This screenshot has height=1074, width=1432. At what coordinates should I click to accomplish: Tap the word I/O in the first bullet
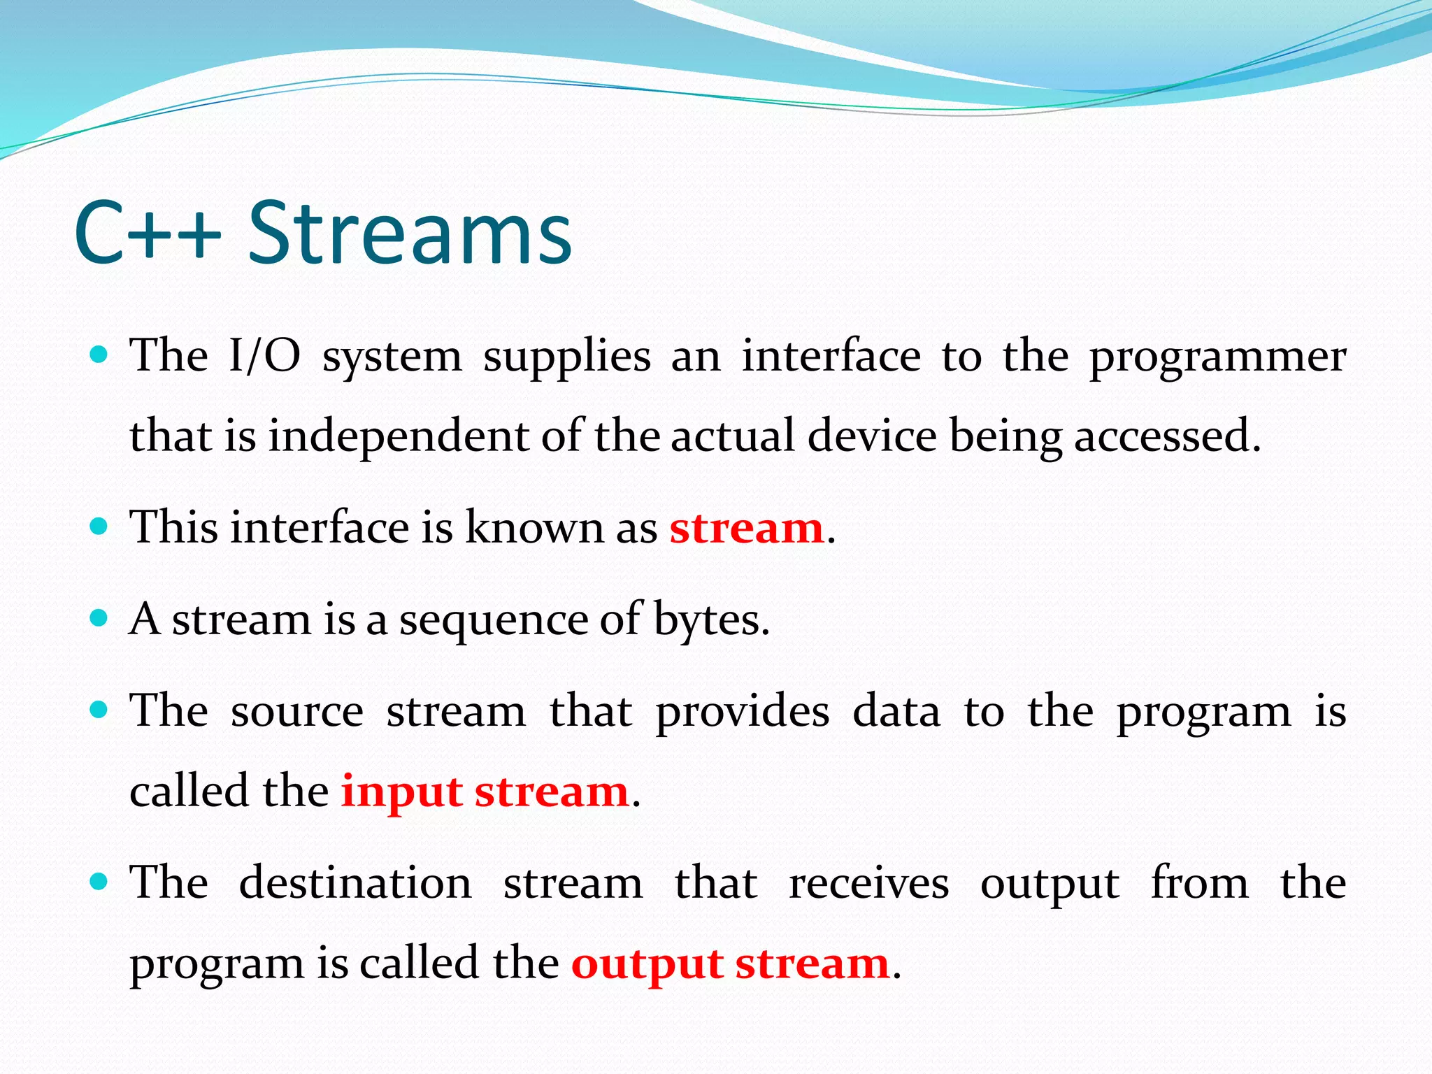(x=265, y=355)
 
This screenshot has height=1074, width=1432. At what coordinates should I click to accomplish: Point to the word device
(x=871, y=435)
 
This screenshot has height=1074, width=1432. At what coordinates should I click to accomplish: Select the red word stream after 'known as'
(x=746, y=528)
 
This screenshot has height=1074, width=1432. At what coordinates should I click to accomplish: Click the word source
(x=297, y=712)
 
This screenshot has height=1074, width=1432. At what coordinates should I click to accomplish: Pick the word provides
(x=743, y=712)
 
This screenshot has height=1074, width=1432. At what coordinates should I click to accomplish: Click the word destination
(x=355, y=882)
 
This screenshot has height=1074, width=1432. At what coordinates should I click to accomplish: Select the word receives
(x=869, y=883)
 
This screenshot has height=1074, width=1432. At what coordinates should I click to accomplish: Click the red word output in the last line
(x=647, y=965)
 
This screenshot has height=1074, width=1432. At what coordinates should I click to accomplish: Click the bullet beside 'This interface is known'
(x=99, y=526)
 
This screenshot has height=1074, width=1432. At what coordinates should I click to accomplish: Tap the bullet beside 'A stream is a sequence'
(x=99, y=618)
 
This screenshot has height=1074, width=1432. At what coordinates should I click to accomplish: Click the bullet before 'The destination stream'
(x=99, y=881)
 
